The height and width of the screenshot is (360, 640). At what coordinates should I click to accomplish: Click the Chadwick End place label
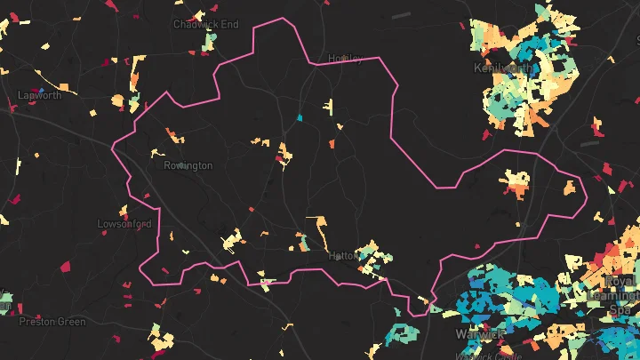pyautogui.click(x=205, y=24)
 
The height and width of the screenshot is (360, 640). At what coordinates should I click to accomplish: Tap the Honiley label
pyautogui.click(x=346, y=59)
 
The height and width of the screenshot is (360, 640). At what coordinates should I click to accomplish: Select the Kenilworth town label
pyautogui.click(x=503, y=68)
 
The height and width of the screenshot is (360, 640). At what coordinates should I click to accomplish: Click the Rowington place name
pyautogui.click(x=188, y=165)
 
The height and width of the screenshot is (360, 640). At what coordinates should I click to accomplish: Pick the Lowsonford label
pyautogui.click(x=124, y=224)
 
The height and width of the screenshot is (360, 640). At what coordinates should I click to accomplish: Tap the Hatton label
pyautogui.click(x=343, y=255)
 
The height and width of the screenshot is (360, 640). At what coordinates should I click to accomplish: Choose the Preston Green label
pyautogui.click(x=52, y=322)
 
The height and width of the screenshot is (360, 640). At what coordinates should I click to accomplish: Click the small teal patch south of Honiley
pyautogui.click(x=300, y=117)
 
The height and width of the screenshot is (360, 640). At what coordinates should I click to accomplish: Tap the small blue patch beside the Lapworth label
pyautogui.click(x=41, y=89)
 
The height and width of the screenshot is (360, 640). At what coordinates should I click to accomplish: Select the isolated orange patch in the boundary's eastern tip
pyautogui.click(x=570, y=188)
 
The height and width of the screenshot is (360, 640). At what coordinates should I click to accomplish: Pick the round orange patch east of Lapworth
pyautogui.click(x=117, y=100)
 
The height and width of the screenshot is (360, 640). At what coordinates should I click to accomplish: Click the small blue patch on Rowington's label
pyautogui.click(x=180, y=165)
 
